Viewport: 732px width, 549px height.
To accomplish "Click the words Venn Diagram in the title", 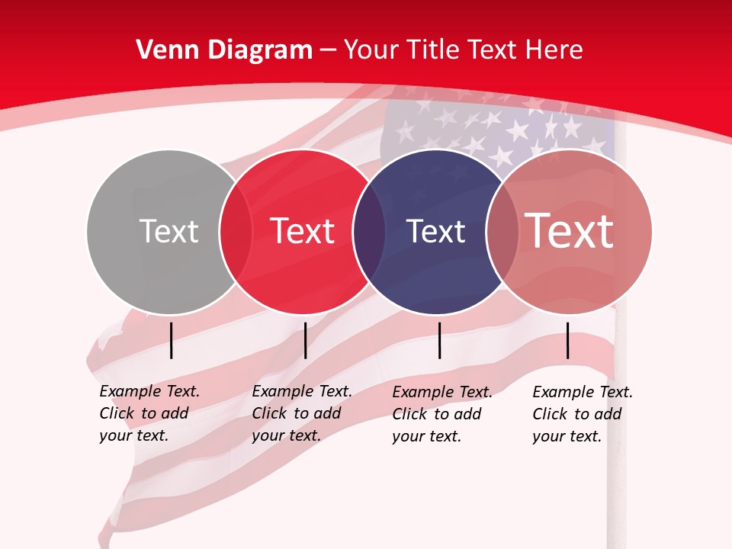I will (x=224, y=50).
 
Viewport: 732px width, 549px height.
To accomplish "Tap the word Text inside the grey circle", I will (x=169, y=231).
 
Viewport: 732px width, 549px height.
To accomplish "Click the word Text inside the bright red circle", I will (x=302, y=231).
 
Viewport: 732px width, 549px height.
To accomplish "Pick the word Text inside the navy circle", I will (x=435, y=231).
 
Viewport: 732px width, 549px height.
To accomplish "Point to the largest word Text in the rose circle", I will (x=569, y=230).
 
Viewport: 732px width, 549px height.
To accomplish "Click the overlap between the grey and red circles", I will (x=236, y=232).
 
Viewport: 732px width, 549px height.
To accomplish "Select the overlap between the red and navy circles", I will (x=369, y=232).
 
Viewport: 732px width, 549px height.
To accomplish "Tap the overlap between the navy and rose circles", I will (x=502, y=232).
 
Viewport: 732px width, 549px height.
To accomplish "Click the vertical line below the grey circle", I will (x=172, y=340).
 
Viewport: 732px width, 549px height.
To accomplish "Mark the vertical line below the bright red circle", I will (x=305, y=340).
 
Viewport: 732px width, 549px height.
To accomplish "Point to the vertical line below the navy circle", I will (x=440, y=340).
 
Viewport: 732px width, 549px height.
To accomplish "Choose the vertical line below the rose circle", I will (x=568, y=340).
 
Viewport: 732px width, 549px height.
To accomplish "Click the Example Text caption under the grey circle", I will (x=149, y=413).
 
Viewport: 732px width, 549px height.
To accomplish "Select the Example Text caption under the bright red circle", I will (x=302, y=413).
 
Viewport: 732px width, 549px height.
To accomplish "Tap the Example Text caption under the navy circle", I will (x=442, y=414).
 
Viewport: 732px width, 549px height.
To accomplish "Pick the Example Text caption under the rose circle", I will (x=583, y=414).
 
